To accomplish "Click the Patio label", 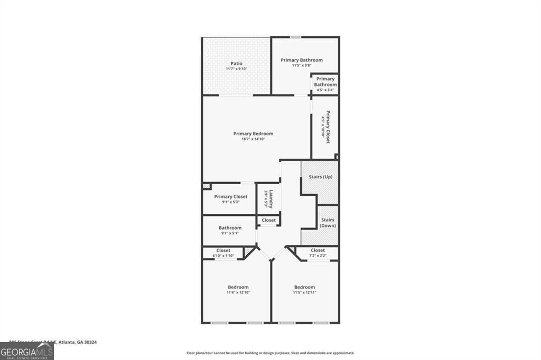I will click(236, 63).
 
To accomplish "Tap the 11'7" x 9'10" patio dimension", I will click(236, 69).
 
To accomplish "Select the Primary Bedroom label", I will click(254, 134).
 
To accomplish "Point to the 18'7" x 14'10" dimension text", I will click(254, 139).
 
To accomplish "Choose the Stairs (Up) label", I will click(320, 176).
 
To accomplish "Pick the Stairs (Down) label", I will click(328, 223).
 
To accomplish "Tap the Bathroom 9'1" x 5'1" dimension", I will click(230, 233).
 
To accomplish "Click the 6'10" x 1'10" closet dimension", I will click(223, 256).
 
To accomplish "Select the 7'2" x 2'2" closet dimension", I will click(318, 256).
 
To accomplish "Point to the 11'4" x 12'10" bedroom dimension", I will click(238, 292).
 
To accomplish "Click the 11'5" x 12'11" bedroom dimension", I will click(304, 292).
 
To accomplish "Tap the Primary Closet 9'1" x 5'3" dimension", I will click(230, 202).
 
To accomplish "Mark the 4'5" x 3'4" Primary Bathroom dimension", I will click(325, 90).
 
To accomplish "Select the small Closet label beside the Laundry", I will click(268, 220).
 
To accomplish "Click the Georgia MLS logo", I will click(27, 351).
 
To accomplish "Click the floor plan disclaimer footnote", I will click(270, 353).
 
